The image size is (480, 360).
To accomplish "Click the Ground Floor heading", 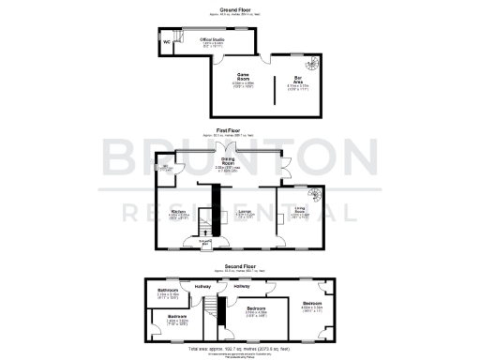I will point(239,8).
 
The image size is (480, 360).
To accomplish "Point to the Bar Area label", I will point(298,81).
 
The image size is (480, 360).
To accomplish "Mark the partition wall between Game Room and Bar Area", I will point(274,89).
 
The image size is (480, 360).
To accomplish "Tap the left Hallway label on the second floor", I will point(202,286).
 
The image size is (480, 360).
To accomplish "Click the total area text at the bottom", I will point(239,347).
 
